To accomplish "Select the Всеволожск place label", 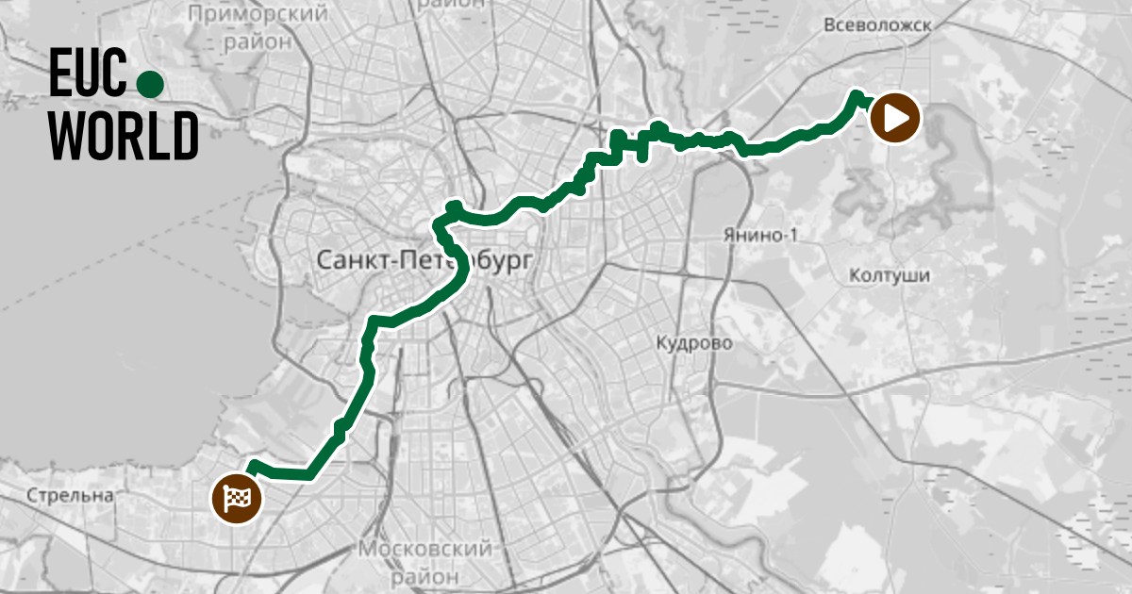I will (x=876, y=26).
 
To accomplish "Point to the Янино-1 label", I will (x=759, y=235).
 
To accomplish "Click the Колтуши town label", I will (x=890, y=276).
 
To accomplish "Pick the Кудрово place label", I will (x=694, y=343).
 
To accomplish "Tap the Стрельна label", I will (x=70, y=495).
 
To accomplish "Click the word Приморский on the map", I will (x=258, y=14).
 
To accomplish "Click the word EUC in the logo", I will (x=87, y=74).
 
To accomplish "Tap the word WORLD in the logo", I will (x=124, y=135).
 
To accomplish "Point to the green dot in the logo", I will (x=150, y=85).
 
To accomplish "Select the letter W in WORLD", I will (x=66, y=135).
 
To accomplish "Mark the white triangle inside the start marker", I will (x=897, y=119).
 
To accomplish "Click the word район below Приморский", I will (x=258, y=41).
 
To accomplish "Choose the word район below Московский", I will (x=426, y=574).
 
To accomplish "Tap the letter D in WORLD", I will (x=185, y=135).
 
